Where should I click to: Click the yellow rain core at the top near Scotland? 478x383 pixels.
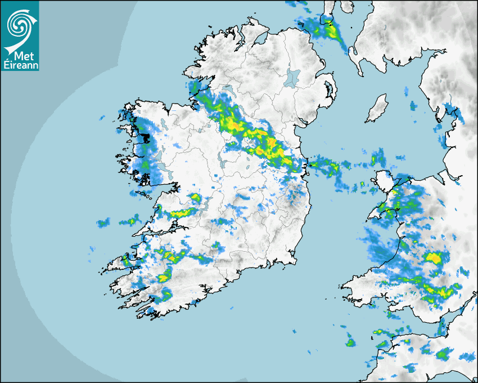click(x=335, y=34)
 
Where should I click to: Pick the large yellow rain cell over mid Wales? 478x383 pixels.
click(x=433, y=258)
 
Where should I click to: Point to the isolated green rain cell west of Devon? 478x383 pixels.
click(x=350, y=342)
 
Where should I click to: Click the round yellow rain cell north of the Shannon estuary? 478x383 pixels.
click(x=196, y=198)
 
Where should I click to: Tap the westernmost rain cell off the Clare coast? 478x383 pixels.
click(x=102, y=223)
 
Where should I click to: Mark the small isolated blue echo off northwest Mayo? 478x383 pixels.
click(x=102, y=118)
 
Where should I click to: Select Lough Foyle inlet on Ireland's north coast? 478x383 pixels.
click(x=259, y=39)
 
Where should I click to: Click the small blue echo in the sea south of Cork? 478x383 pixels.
click(x=230, y=307)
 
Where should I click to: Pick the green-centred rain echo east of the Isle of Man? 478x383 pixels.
click(x=413, y=105)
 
